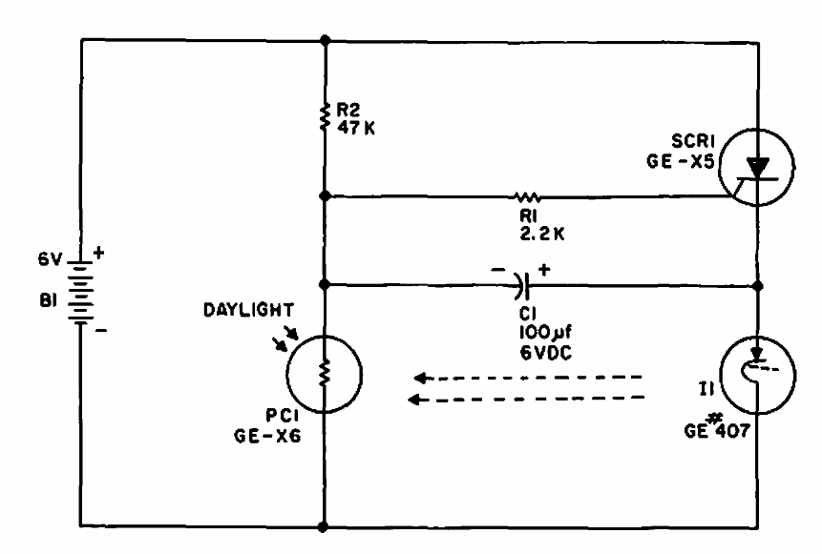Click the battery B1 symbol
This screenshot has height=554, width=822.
pyautogui.click(x=80, y=291)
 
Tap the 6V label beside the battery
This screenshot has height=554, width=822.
pyautogui.click(x=50, y=258)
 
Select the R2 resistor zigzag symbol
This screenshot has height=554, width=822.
pyautogui.click(x=325, y=116)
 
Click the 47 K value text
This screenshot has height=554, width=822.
pyautogui.click(x=356, y=128)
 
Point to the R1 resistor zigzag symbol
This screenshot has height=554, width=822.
pyautogui.click(x=527, y=196)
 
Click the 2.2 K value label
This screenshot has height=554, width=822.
pyautogui.click(x=542, y=234)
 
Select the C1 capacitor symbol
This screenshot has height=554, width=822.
pyautogui.click(x=524, y=285)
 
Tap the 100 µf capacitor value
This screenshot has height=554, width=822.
pyautogui.click(x=545, y=332)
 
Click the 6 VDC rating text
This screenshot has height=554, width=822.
pyautogui.click(x=545, y=353)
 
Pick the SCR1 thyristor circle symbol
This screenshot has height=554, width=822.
pyautogui.click(x=756, y=168)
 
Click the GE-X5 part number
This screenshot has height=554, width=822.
pyautogui.click(x=680, y=161)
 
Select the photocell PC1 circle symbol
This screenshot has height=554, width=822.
pyautogui.click(x=325, y=374)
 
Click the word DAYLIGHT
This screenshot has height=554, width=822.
pyautogui.click(x=248, y=310)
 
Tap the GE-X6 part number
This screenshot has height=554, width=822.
pyautogui.click(x=267, y=436)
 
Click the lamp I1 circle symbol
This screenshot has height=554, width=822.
pyautogui.click(x=758, y=375)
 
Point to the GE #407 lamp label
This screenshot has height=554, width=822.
pyautogui.click(x=717, y=428)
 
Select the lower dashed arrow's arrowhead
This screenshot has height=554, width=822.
pyautogui.click(x=415, y=400)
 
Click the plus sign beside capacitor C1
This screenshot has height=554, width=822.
pyautogui.click(x=545, y=270)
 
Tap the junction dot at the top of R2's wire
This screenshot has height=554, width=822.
pyautogui.click(x=325, y=39)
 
